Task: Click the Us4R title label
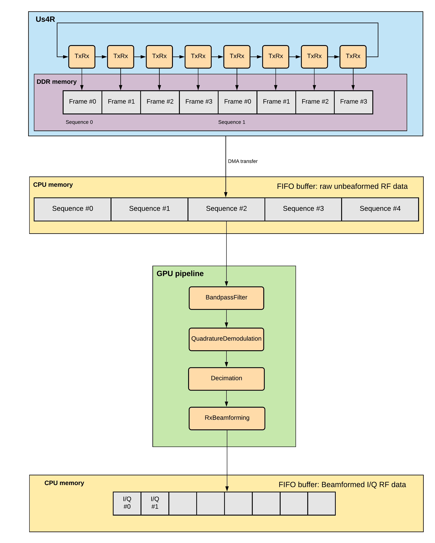[x=45, y=19]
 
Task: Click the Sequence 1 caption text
[x=232, y=122]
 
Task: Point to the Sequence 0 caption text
[x=79, y=122]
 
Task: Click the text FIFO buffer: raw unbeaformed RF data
[x=342, y=186]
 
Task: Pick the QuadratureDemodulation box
[x=226, y=339]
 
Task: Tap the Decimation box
[x=226, y=379]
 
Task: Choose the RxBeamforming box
[x=227, y=418]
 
